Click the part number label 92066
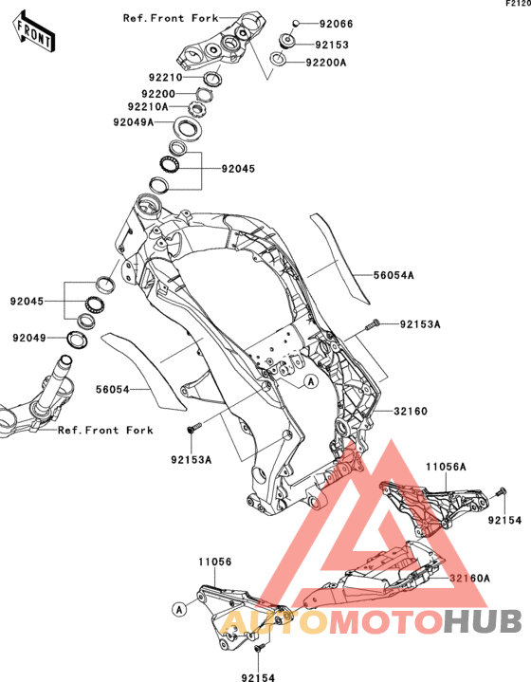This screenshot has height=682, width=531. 337,24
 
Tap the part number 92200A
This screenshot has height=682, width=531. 326,63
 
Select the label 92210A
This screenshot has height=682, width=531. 148,106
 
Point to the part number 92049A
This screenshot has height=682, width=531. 134,122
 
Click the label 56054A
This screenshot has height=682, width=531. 394,275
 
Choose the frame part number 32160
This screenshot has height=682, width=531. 411,411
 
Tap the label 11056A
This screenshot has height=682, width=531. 446,467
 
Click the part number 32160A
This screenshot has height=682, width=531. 469,578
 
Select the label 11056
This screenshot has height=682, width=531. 215,562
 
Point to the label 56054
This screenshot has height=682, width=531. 113,389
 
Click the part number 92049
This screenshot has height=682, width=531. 29,338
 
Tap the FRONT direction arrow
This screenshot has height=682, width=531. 34,32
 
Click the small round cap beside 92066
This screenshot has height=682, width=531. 295,23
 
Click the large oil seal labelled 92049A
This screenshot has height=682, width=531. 188,128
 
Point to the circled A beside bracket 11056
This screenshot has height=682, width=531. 179,609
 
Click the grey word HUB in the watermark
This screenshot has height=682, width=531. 483,621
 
